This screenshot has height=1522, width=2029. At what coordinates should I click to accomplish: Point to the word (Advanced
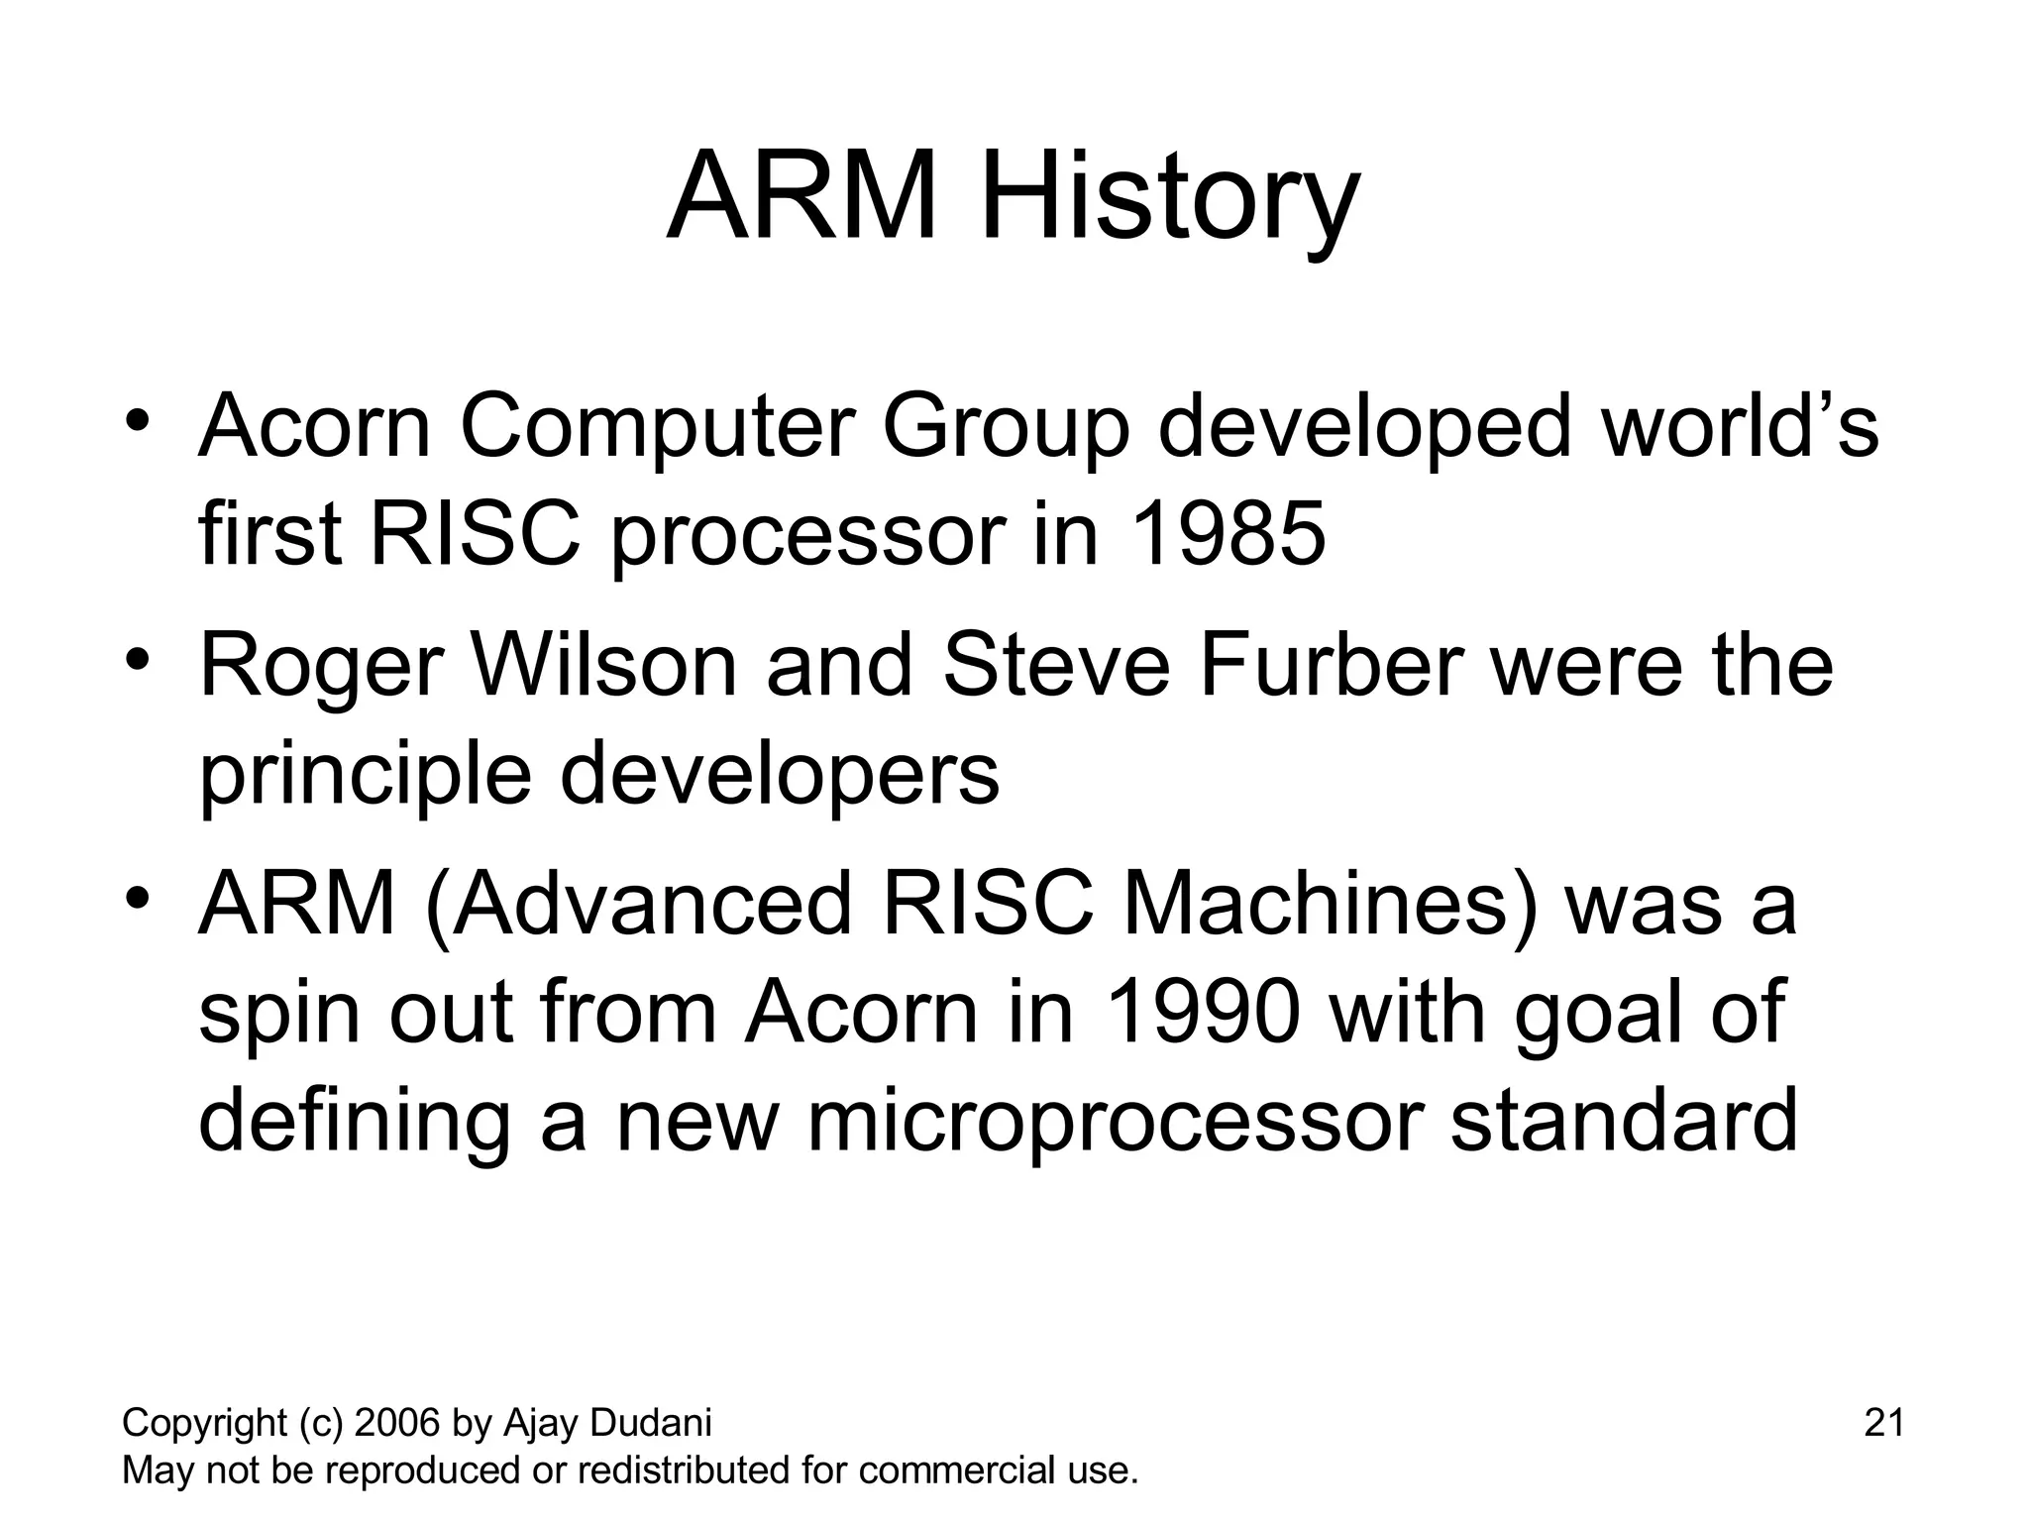[x=639, y=906]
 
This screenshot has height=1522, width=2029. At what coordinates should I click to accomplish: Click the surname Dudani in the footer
[x=650, y=1423]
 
